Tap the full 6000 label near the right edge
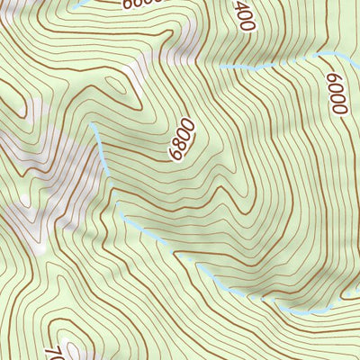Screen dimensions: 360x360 tap(337, 94)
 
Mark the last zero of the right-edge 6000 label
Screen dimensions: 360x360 tap(338, 109)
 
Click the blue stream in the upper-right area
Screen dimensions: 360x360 tap(270, 65)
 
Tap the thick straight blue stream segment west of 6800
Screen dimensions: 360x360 tap(101, 149)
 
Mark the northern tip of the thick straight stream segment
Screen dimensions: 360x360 tap(92, 127)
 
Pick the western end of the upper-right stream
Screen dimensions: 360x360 tap(219, 67)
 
